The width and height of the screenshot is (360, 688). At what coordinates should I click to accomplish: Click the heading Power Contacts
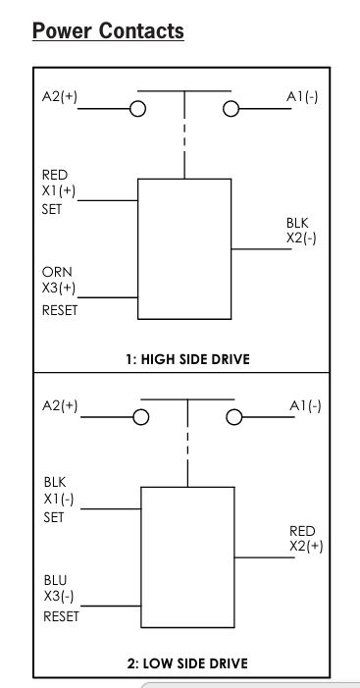pos(108,31)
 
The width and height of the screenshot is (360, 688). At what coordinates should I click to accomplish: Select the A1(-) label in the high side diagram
pos(302,97)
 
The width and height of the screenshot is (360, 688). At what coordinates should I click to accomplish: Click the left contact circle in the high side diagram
pos(139,109)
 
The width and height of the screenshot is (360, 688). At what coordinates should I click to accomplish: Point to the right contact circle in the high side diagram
pos(231,109)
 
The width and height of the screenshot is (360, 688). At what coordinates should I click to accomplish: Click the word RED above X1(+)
pos(55,175)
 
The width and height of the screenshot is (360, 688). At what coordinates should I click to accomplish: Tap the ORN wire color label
pos(57,272)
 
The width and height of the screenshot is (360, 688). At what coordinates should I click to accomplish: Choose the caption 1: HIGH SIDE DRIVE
pos(181,358)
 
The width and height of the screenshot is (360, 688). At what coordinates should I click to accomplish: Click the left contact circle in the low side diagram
pos(141,417)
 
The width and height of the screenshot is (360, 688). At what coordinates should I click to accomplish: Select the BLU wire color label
pos(56,580)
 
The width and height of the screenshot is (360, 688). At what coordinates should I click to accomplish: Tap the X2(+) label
pos(305,547)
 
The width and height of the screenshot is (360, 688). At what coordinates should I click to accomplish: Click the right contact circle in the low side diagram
pos(232,417)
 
